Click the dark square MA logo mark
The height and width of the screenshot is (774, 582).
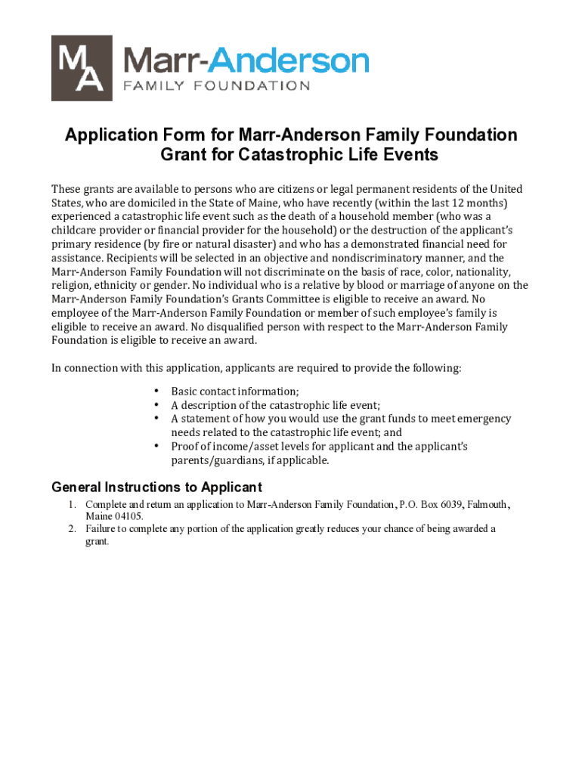point(82,68)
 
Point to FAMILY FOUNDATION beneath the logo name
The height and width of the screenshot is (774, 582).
point(216,85)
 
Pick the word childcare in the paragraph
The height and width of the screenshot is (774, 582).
point(76,231)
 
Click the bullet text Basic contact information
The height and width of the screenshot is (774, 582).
point(234,392)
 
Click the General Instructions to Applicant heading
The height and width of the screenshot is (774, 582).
point(156,488)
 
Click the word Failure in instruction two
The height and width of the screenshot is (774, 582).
point(101,528)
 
